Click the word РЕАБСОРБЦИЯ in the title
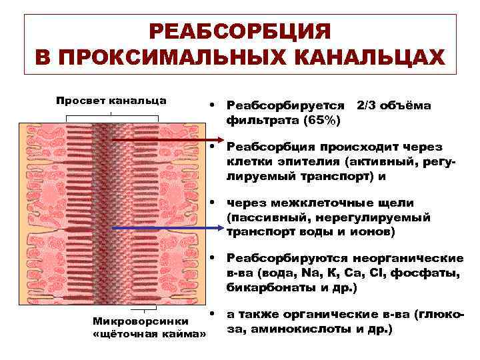click(239, 32)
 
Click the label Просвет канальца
click(111, 101)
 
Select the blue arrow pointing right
click(167, 228)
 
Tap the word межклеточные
click(314, 203)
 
